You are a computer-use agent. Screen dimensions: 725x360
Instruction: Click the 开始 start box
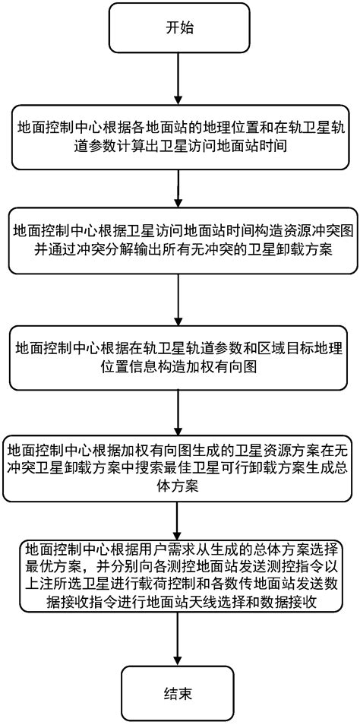(x=179, y=28)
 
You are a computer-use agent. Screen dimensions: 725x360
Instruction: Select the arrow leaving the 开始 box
(x=179, y=79)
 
